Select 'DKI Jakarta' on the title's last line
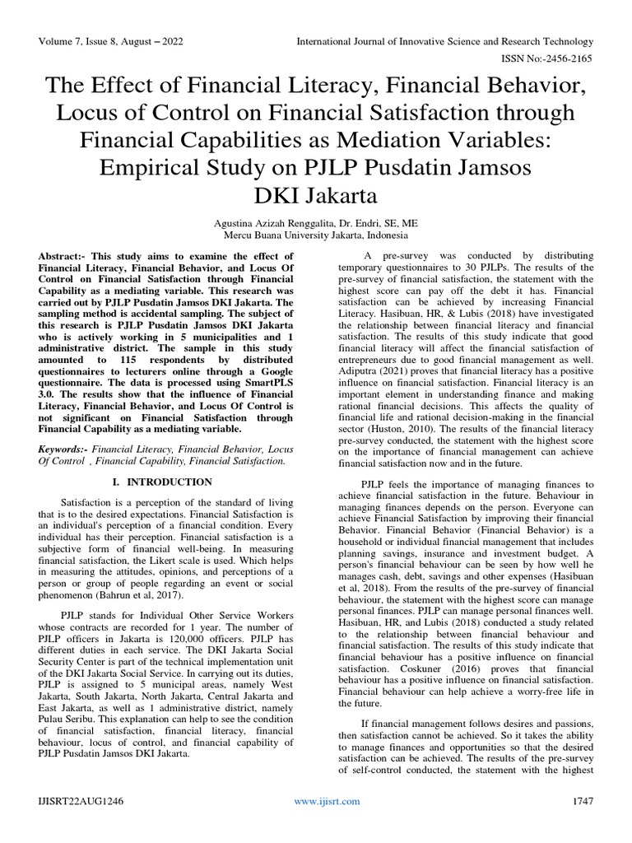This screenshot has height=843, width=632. (x=315, y=197)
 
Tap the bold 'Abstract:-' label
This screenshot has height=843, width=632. (x=67, y=257)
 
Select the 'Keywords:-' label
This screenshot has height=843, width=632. (x=63, y=449)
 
